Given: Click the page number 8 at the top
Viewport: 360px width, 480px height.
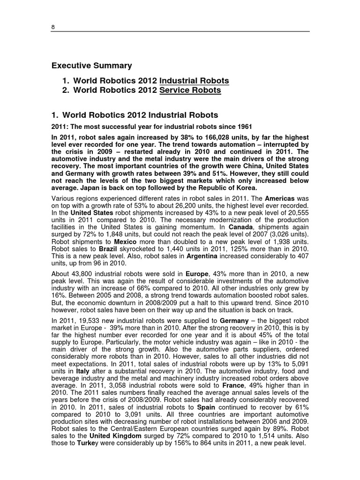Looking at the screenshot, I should [x=53, y=27].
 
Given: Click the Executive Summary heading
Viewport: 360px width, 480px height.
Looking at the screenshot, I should [x=91, y=66].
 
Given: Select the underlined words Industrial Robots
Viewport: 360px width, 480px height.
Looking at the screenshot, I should [x=194, y=81].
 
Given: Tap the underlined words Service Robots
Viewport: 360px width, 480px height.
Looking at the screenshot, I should [x=190, y=90].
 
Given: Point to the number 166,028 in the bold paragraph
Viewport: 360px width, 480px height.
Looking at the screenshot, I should [x=215, y=137].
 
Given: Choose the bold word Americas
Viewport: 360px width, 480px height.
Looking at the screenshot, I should [x=280, y=199].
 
